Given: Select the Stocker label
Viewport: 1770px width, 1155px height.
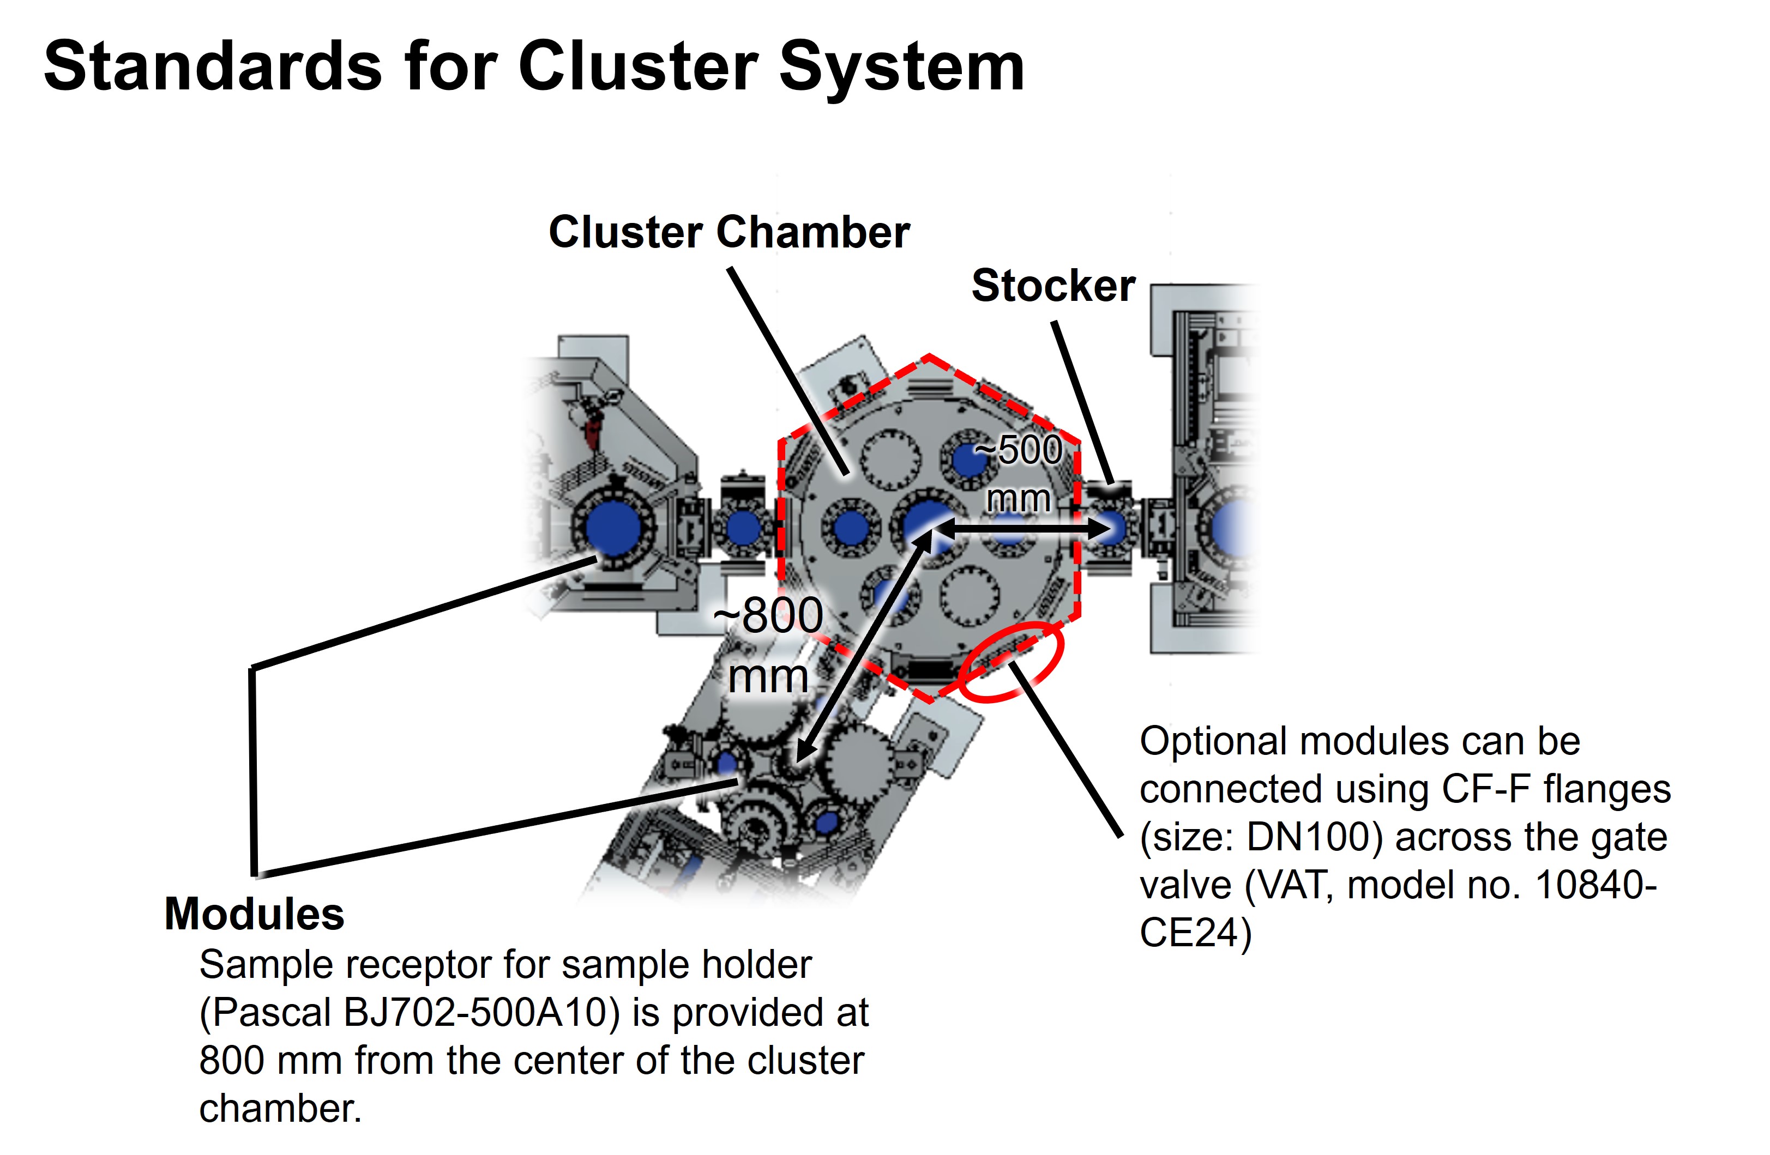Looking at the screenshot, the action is pos(1053,286).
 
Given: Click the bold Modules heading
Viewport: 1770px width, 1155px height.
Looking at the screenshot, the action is pos(254,914).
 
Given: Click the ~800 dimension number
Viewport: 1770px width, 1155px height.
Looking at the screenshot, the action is pos(768,615).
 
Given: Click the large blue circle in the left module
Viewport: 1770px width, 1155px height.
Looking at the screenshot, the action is pos(613,528).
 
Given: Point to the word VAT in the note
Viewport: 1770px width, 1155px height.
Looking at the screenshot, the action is pos(1296,885).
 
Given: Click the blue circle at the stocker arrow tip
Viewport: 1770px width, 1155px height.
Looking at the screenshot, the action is pos(1110,528).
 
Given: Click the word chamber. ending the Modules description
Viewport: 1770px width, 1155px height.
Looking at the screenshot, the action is pos(280,1109).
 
